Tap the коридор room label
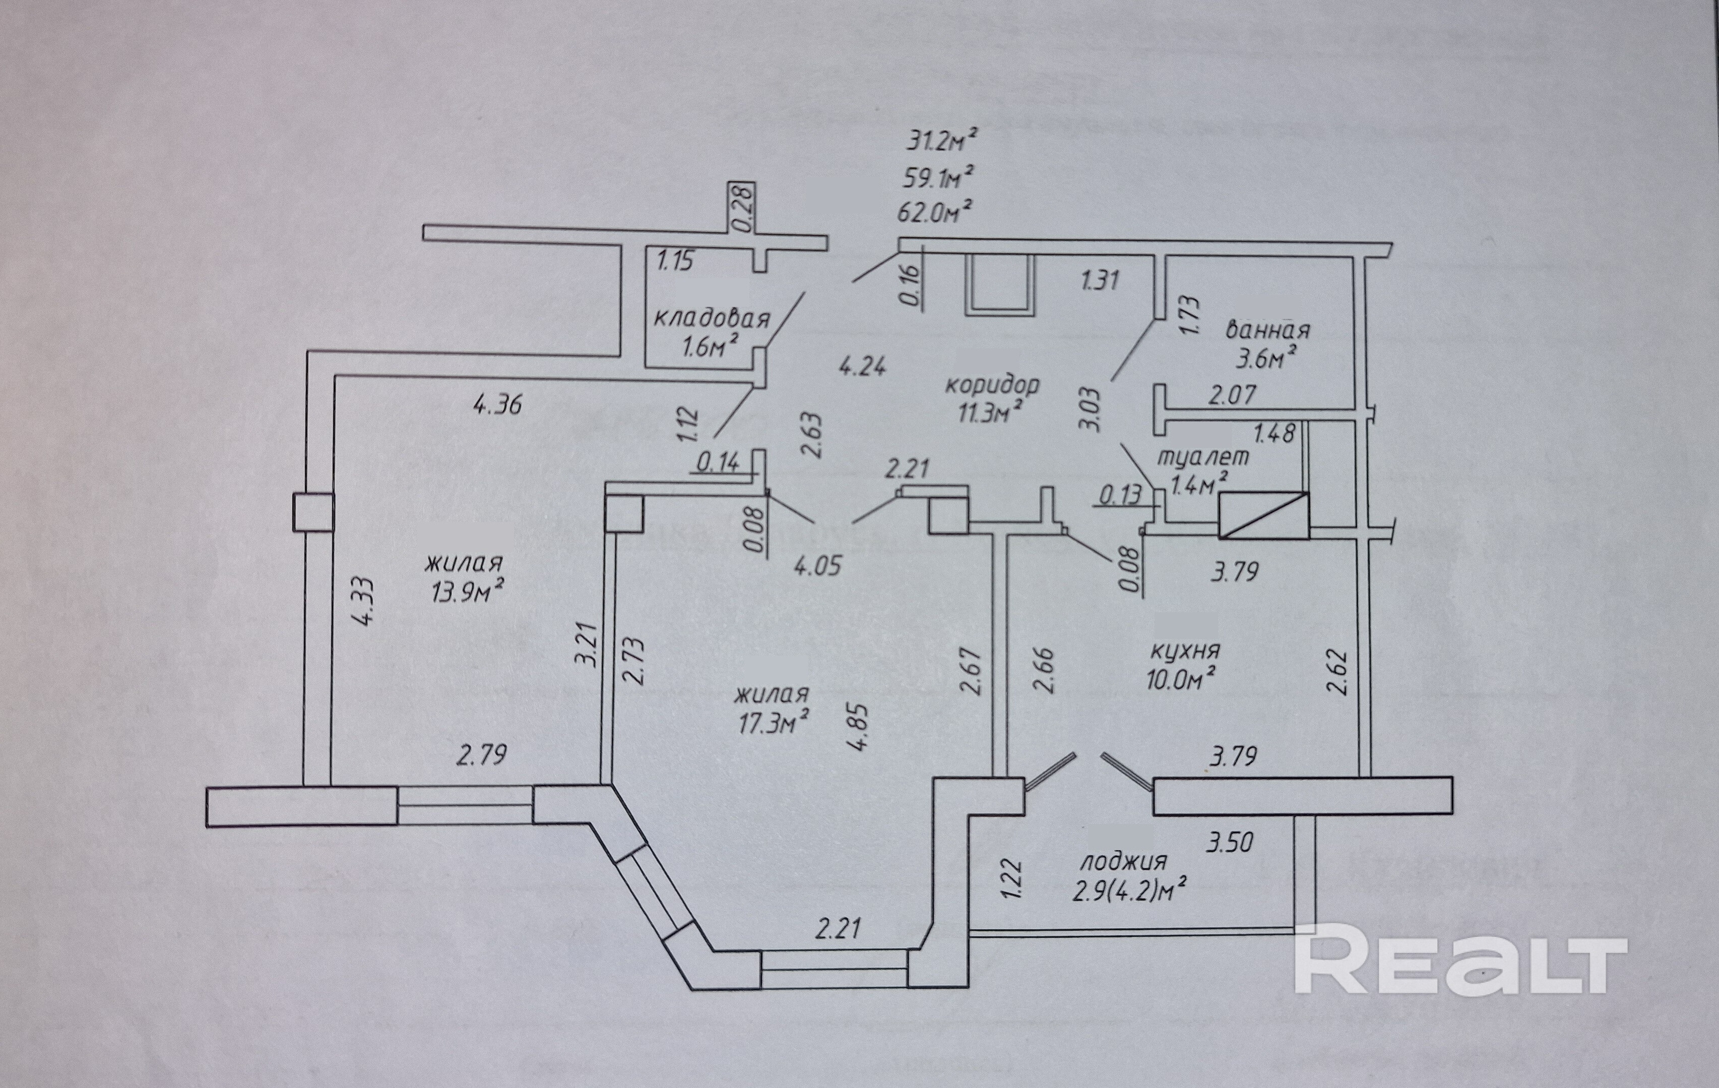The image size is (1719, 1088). point(992,386)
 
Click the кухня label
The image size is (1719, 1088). point(1184,651)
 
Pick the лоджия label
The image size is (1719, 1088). point(1124,862)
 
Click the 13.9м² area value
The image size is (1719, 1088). point(468,591)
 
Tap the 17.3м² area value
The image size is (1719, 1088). point(773,724)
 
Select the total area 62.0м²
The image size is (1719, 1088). point(935,211)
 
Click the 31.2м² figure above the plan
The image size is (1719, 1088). point(941,141)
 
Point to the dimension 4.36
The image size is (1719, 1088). point(497,405)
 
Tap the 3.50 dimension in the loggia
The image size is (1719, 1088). point(1229,843)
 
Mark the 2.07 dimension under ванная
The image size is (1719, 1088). point(1232,395)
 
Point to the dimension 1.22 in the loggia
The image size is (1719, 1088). point(1012,882)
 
